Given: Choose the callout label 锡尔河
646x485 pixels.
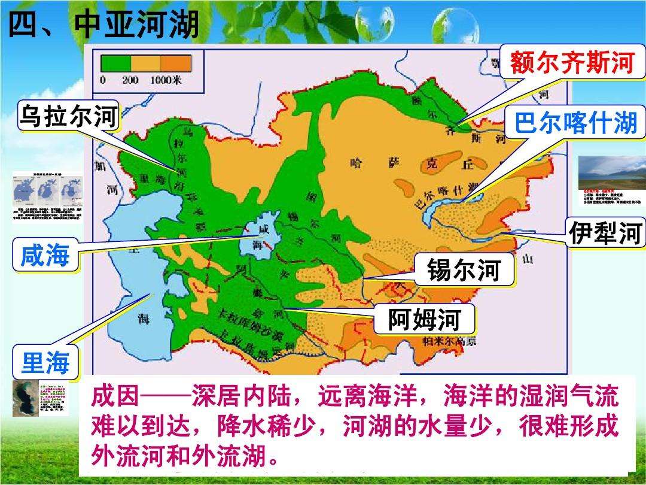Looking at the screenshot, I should (463, 271).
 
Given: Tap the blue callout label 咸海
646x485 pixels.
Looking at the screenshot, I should (45, 256).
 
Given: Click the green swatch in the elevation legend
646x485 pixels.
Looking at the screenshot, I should (116, 63).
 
